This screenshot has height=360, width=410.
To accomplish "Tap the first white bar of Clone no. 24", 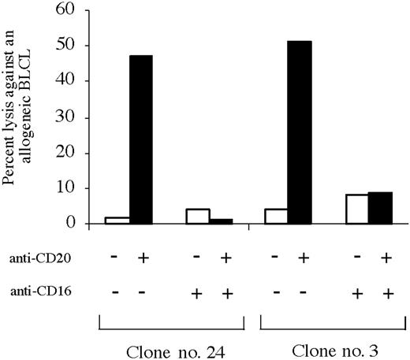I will [116, 220].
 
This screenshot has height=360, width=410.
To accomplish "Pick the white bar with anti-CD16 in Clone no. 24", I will [197, 216].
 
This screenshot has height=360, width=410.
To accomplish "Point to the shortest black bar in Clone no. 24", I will [220, 221].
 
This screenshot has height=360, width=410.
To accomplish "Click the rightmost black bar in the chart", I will [381, 208].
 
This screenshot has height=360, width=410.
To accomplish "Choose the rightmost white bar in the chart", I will [357, 209].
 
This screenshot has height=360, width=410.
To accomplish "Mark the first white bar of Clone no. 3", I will [276, 216].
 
